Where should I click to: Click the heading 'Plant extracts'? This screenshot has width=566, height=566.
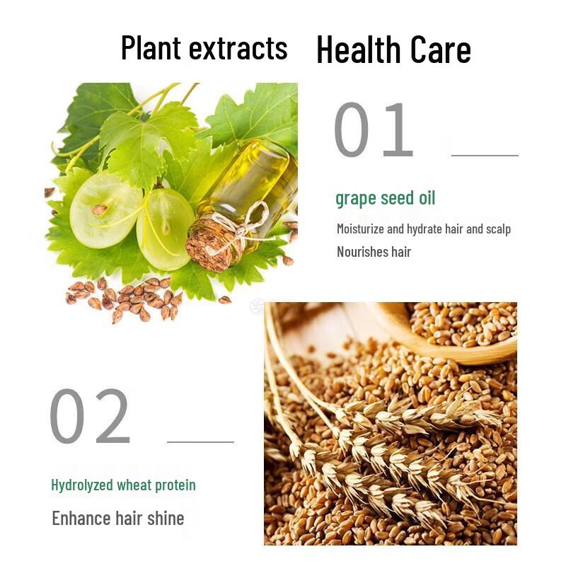[204, 48]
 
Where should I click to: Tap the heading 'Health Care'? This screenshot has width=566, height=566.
[393, 50]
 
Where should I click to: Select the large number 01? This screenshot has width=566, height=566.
[373, 131]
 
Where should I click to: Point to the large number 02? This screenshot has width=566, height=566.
[90, 417]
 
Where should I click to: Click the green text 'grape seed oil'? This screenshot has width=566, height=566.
[385, 198]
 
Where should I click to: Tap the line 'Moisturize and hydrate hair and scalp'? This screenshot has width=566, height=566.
[423, 229]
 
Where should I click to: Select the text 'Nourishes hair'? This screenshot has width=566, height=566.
[374, 252]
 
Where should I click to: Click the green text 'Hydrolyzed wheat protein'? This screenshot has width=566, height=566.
[123, 485]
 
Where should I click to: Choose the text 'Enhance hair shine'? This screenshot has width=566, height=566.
[117, 519]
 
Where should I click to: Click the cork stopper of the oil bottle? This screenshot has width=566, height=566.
[209, 243]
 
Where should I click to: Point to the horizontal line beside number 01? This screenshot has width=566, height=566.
[485, 155]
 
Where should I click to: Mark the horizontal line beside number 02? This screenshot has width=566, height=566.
[200, 442]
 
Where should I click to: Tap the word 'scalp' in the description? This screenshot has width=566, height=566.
[497, 229]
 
